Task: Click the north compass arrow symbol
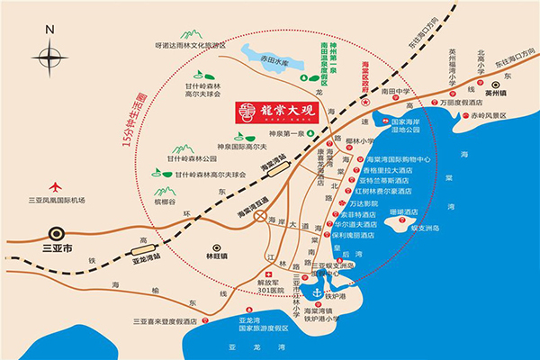coord(46,55)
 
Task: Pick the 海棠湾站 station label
coord(273,162)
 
